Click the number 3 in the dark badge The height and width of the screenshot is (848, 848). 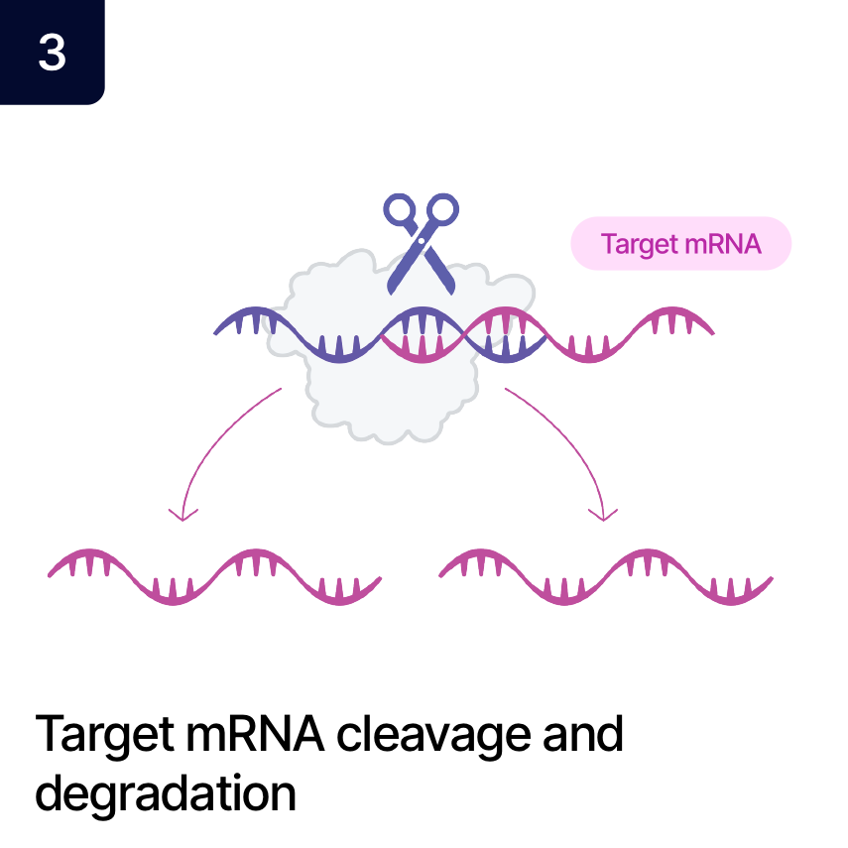tap(52, 52)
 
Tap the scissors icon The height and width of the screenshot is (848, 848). tap(422, 242)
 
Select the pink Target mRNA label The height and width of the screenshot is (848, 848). tap(680, 244)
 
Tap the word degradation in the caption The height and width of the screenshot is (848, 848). tap(166, 793)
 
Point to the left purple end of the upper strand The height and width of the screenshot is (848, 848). tap(221, 328)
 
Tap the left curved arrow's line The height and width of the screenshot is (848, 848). tap(213, 436)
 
